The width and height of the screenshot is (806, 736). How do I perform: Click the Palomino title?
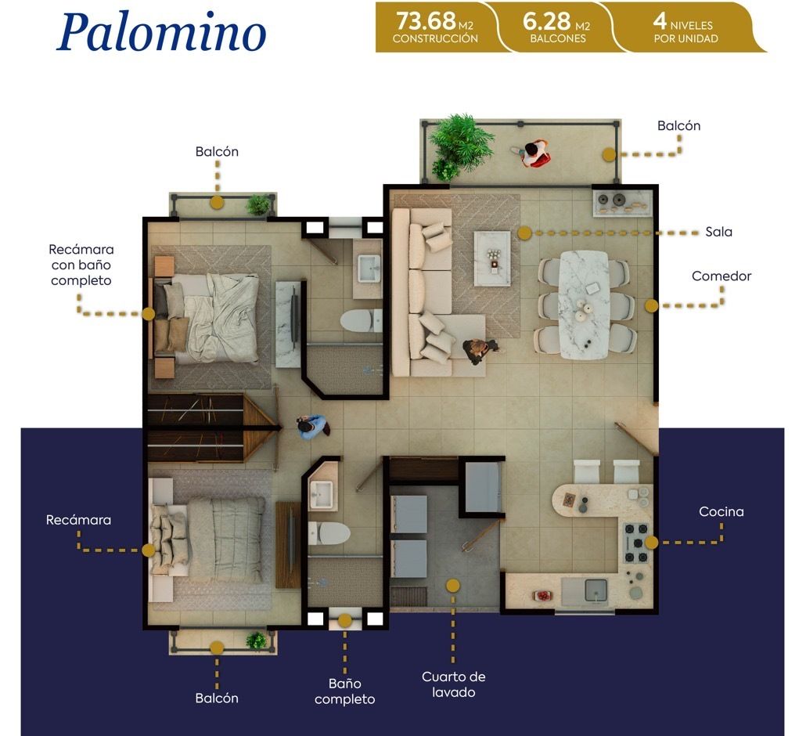[161, 32]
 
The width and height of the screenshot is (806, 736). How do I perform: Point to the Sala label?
[718, 232]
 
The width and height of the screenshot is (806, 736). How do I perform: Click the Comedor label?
[721, 276]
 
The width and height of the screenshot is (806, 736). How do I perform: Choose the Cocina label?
[721, 512]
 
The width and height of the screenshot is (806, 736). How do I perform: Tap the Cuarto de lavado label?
[453, 684]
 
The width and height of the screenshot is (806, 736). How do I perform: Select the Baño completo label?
[345, 691]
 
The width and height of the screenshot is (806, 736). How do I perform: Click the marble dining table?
[585, 305]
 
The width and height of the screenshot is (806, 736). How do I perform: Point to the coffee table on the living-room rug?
[492, 258]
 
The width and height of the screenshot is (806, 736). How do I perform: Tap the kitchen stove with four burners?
[636, 543]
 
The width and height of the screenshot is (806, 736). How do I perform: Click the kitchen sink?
[596, 590]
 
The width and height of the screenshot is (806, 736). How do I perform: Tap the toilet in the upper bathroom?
[360, 321]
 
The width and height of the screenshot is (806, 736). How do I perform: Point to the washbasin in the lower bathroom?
[322, 494]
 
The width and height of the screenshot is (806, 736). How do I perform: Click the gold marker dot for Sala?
[524, 233]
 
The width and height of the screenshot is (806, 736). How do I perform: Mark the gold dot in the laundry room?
[453, 586]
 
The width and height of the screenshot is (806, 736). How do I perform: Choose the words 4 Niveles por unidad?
[685, 27]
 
